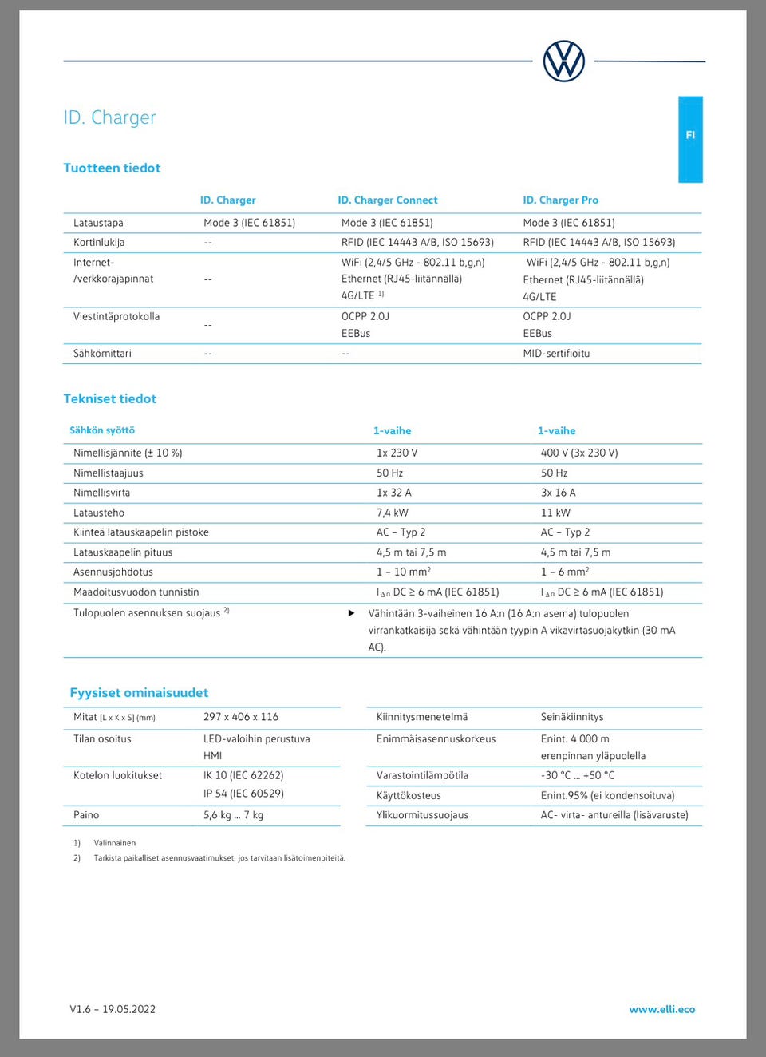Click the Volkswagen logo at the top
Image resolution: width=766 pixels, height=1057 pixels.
click(564, 61)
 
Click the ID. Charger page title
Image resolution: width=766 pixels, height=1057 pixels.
click(110, 117)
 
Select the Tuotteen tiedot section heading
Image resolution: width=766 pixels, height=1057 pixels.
click(113, 168)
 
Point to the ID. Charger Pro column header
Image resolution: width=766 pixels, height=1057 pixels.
click(560, 200)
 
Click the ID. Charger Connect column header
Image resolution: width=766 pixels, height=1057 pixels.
click(388, 200)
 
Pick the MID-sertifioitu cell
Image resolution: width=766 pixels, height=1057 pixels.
click(556, 354)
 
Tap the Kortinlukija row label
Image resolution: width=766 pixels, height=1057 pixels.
click(99, 243)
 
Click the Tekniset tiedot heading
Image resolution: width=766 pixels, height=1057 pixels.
click(110, 398)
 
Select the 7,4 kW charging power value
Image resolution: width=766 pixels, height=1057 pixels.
click(393, 513)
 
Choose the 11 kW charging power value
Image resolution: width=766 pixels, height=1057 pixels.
click(555, 513)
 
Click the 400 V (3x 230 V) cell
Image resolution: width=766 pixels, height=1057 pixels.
click(579, 453)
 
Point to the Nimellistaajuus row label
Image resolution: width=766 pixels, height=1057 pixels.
click(109, 473)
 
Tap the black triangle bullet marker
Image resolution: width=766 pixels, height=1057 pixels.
click(351, 613)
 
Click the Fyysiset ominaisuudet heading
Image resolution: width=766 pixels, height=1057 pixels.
click(139, 692)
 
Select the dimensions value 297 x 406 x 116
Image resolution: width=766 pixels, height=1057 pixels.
click(241, 717)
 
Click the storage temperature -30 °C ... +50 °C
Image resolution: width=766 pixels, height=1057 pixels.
click(578, 775)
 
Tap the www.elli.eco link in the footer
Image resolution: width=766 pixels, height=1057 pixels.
click(661, 1009)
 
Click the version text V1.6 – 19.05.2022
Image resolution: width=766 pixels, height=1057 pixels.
click(113, 1009)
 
